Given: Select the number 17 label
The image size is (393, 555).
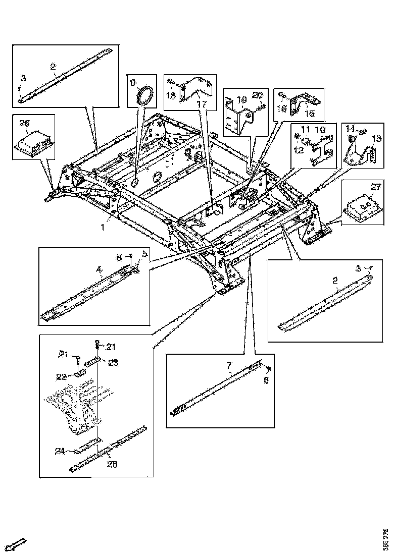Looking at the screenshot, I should coord(202,104).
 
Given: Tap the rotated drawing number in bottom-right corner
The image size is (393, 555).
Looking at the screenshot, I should coord(386,539).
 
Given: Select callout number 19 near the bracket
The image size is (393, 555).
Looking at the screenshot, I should coord(241,99).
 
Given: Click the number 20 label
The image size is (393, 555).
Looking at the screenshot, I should coord(258,95).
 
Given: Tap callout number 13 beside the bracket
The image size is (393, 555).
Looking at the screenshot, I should coord(376,138).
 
